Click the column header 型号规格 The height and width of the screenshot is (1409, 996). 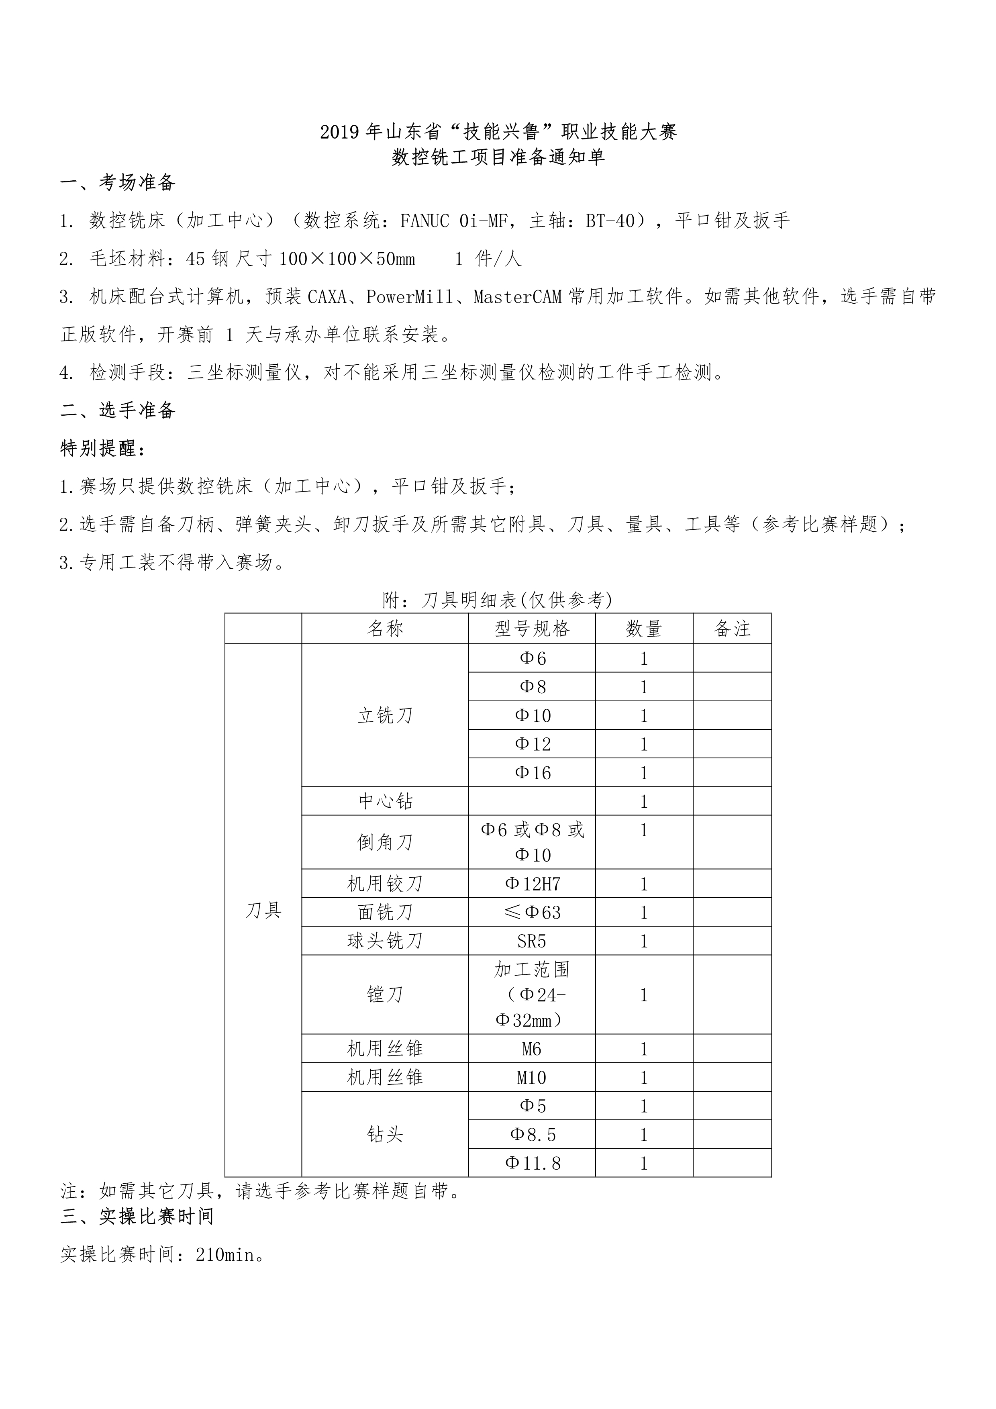[x=532, y=629]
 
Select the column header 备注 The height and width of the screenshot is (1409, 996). [x=732, y=629]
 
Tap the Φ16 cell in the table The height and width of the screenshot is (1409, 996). [x=532, y=773]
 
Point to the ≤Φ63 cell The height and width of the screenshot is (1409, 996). [x=532, y=913]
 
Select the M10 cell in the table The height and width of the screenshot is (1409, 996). [x=532, y=1078]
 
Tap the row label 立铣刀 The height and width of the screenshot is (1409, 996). [x=385, y=716]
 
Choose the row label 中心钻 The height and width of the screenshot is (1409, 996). [x=385, y=801]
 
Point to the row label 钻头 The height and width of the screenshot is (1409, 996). [x=385, y=1134]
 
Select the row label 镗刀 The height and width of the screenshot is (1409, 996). [x=385, y=994]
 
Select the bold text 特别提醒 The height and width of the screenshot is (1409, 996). [x=101, y=449]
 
